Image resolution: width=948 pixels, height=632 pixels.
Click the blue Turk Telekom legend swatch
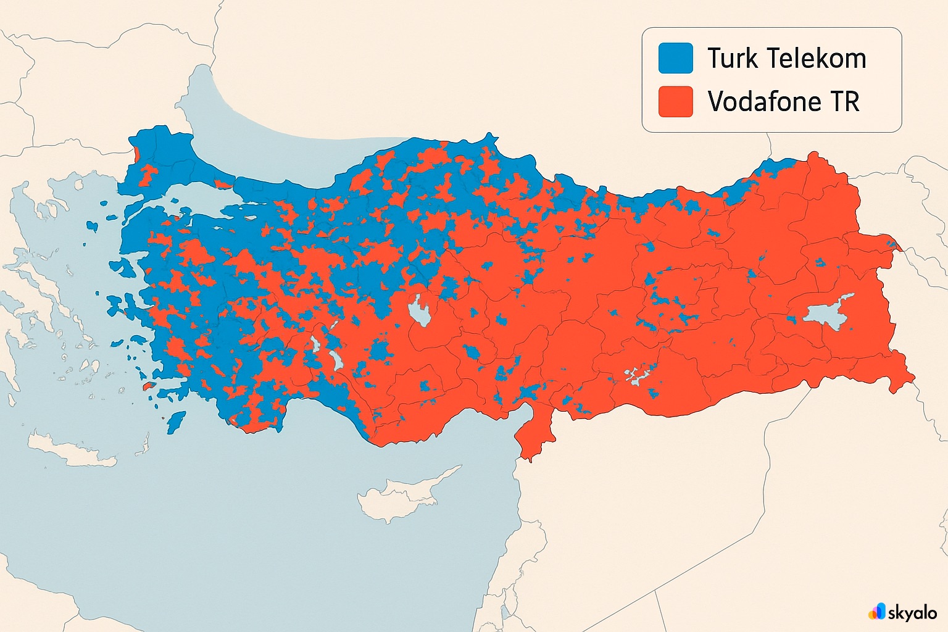tap(675, 58)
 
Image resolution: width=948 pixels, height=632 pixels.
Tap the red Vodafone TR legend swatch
tap(675, 101)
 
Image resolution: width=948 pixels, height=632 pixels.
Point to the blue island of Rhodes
tap(177, 421)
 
